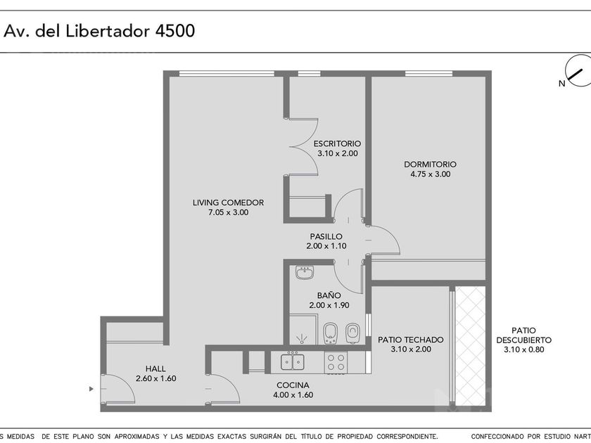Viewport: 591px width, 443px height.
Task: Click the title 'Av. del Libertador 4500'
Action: (x=100, y=31)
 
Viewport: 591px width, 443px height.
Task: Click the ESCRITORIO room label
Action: (x=338, y=143)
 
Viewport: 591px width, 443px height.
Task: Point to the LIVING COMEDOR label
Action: (x=228, y=203)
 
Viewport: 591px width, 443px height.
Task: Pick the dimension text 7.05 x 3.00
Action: (x=228, y=212)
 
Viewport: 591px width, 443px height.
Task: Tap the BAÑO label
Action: (x=329, y=295)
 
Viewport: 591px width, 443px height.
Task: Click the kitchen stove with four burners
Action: (x=335, y=362)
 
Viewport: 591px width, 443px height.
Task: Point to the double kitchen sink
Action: (x=292, y=362)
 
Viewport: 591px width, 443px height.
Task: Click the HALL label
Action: (x=155, y=368)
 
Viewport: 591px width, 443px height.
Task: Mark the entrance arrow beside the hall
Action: (x=91, y=387)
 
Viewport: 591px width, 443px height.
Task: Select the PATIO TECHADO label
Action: (x=410, y=340)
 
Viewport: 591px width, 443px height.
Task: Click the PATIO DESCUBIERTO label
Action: (x=523, y=335)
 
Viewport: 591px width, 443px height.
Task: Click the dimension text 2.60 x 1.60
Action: (x=155, y=378)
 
